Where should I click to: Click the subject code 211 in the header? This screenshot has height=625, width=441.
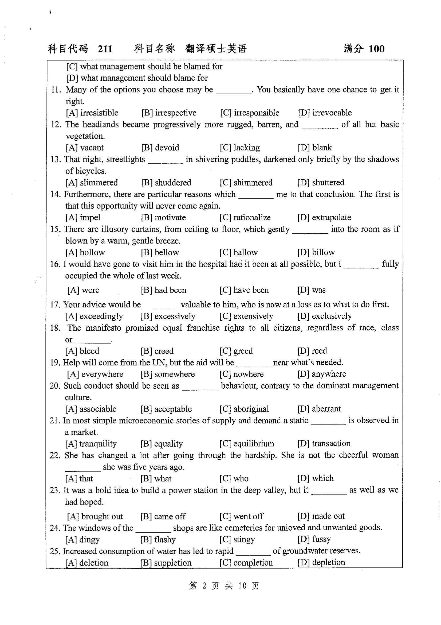click(105, 49)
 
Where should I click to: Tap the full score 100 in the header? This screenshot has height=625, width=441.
click(377, 49)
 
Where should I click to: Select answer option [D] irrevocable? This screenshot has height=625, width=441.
click(325, 113)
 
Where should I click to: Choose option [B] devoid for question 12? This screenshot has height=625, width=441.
click(160, 148)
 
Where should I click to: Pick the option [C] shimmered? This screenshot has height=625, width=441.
click(246, 182)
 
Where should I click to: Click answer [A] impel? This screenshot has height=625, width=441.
click(83, 218)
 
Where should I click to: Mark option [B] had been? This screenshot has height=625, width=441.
click(163, 290)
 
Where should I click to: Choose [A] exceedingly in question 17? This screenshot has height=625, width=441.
click(94, 316)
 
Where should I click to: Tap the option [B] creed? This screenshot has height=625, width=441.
click(157, 351)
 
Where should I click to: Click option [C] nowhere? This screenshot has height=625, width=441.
click(241, 374)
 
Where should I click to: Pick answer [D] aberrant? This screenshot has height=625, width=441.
click(319, 409)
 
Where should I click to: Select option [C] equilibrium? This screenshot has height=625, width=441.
click(247, 444)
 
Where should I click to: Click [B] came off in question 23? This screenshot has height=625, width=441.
click(163, 516)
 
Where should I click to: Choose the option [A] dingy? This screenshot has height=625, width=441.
click(82, 539)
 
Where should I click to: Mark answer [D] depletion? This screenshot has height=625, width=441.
click(321, 562)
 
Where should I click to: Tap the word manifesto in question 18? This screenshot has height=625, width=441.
click(103, 328)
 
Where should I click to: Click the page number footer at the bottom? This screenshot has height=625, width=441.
click(224, 585)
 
